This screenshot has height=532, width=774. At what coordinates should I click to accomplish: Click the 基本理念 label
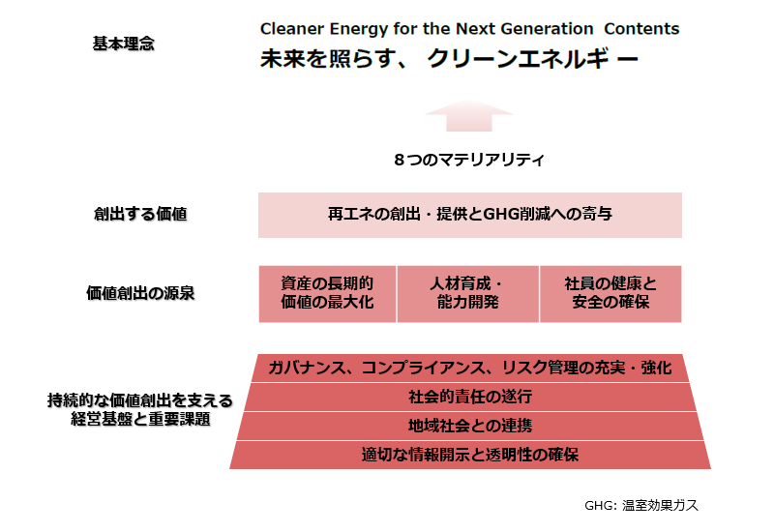point(123,44)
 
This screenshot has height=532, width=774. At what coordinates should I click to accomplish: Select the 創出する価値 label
point(134,215)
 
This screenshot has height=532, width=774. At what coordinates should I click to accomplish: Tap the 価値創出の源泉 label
point(140,293)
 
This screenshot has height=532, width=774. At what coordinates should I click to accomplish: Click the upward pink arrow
point(469,115)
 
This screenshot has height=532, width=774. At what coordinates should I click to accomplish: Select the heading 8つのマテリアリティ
point(469,159)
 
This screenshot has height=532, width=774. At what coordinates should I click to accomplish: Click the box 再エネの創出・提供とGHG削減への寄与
point(469,215)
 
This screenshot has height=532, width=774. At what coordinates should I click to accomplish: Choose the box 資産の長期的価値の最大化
point(327,293)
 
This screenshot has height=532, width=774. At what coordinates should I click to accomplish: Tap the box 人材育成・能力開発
point(467,293)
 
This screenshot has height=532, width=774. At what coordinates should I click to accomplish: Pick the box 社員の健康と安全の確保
point(610,293)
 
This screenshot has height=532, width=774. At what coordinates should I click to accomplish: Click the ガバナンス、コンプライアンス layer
point(469,368)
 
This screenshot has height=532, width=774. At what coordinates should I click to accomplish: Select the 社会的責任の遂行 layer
point(469,397)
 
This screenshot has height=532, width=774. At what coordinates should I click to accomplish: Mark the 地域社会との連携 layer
point(469,426)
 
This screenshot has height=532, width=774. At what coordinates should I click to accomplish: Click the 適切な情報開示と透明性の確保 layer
point(469,455)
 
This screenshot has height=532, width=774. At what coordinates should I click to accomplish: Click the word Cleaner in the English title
point(290,29)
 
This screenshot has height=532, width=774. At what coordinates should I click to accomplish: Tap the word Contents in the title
point(640,29)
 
